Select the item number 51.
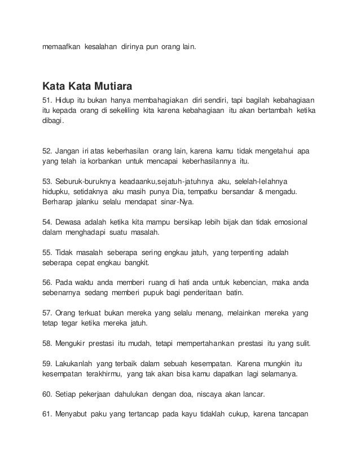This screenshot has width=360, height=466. (47, 100)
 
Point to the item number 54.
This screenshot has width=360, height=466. (47, 222)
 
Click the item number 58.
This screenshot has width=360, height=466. (47, 343)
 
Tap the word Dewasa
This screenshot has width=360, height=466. (69, 222)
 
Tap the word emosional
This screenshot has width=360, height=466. (289, 222)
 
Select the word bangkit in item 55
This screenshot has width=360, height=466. (130, 262)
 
